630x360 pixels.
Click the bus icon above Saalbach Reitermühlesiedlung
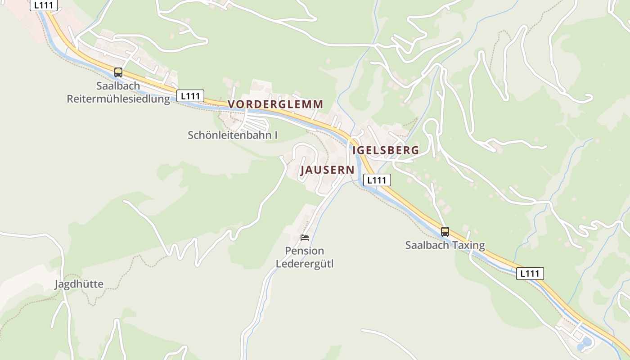[118, 72]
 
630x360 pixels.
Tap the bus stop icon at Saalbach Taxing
[445, 232]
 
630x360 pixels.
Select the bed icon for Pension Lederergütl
[305, 238]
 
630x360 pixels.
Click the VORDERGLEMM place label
[275, 104]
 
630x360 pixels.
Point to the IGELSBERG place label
[386, 150]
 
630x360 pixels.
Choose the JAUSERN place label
[327, 170]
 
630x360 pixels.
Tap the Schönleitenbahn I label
[232, 135]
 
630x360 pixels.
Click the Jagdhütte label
[79, 284]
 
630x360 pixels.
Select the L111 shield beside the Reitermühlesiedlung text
[190, 96]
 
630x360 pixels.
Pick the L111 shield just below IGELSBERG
[377, 180]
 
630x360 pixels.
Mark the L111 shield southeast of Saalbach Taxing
[530, 273]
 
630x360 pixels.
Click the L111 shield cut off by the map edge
[44, 5]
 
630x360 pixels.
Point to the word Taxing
[469, 245]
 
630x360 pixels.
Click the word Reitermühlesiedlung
[118, 99]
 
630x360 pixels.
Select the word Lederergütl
[305, 264]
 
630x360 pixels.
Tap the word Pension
[305, 251]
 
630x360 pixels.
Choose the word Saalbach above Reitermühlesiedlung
[118, 85]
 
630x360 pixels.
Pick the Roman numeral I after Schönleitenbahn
[276, 135]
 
